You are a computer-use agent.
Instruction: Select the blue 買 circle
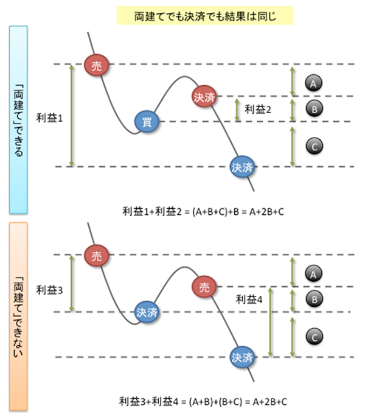(x=147, y=122)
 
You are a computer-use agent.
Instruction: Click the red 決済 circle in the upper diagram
(x=204, y=96)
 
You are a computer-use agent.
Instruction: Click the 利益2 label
(x=257, y=109)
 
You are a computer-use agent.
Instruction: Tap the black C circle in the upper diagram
(x=313, y=146)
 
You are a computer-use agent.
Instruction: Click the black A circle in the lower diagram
(x=313, y=274)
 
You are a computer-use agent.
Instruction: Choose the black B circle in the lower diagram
(x=313, y=299)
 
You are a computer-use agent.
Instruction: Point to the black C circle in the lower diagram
(x=313, y=336)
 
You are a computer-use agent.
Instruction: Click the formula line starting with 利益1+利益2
(x=204, y=211)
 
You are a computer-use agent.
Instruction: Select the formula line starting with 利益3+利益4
(x=204, y=402)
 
